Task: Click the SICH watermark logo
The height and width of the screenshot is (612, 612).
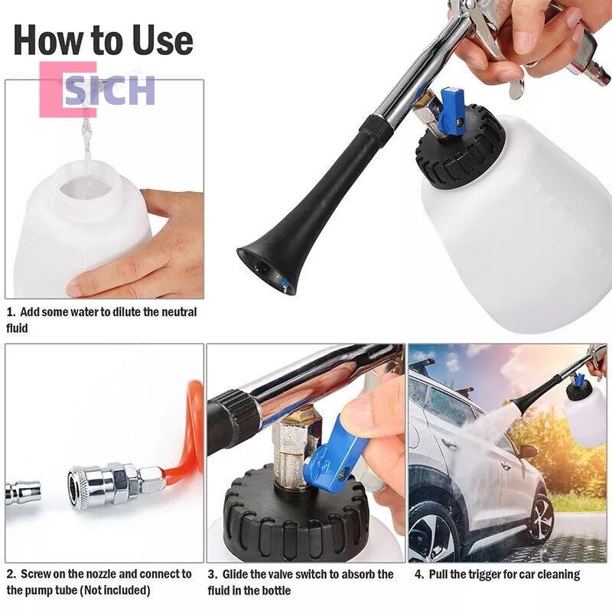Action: pyautogui.click(x=98, y=90)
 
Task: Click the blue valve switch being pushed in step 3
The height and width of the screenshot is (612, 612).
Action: pyautogui.click(x=332, y=448)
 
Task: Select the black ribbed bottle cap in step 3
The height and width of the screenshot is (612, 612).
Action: pyautogui.click(x=296, y=511)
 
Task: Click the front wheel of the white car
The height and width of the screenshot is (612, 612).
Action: pyautogui.click(x=431, y=534)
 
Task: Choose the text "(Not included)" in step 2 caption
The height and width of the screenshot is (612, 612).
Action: pyautogui.click(x=115, y=590)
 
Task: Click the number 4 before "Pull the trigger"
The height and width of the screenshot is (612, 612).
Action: pyautogui.click(x=418, y=575)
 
